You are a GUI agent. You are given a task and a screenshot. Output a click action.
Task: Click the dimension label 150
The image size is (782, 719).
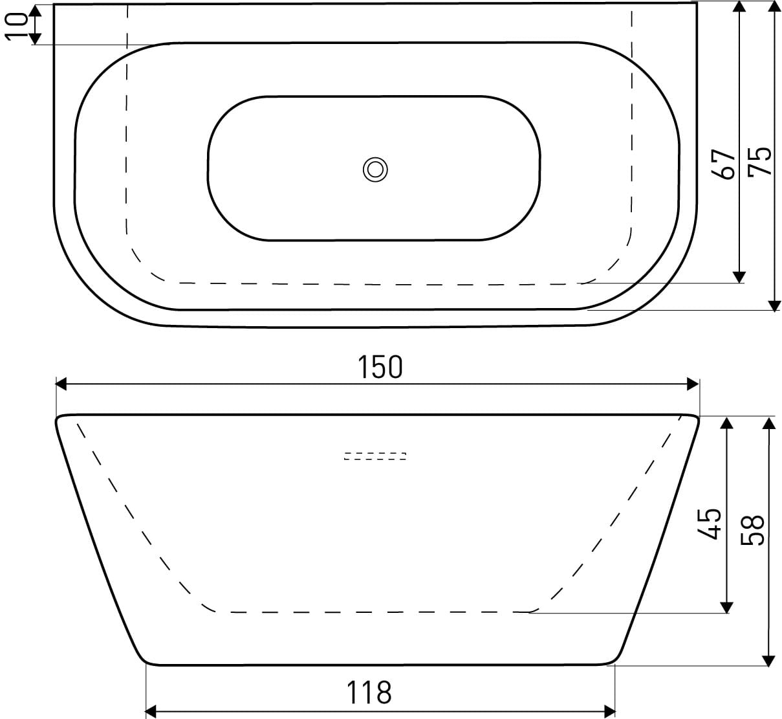click(380, 367)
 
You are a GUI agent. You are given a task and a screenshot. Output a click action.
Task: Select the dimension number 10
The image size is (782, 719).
click(16, 26)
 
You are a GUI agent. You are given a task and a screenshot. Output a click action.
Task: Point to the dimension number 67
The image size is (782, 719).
click(724, 164)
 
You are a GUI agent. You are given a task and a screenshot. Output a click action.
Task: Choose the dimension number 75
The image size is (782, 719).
click(759, 161)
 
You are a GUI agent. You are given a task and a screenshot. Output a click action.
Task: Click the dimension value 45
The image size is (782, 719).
click(710, 524)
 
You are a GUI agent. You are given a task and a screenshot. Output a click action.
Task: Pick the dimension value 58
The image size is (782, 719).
click(752, 530)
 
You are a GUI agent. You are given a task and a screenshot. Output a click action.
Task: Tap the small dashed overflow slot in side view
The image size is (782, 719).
click(375, 456)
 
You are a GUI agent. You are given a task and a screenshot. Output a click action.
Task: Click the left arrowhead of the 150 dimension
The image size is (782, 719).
click(61, 384)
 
